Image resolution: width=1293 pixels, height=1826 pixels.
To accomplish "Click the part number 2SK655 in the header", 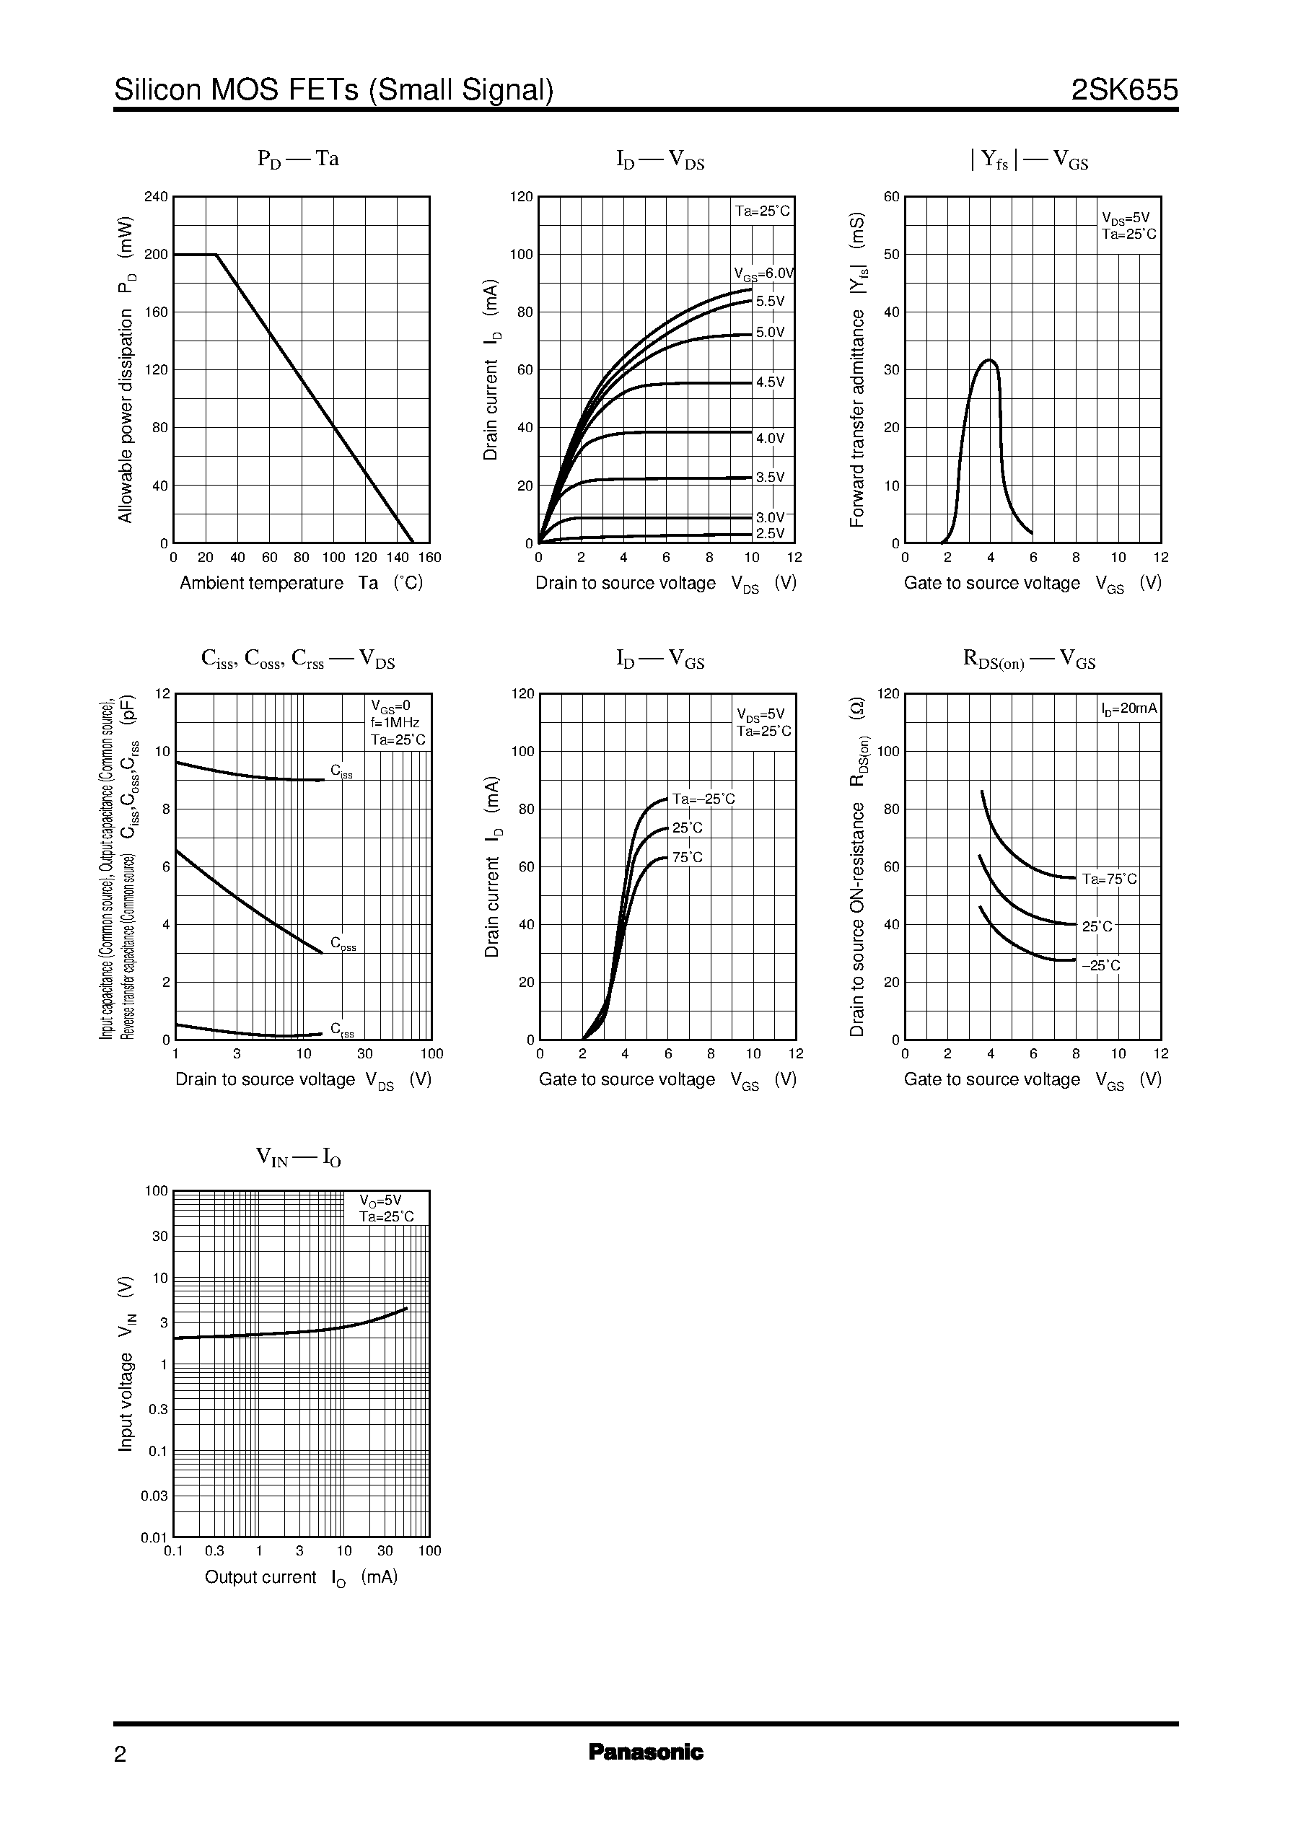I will point(1123,90).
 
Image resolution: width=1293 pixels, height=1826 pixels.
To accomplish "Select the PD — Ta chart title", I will point(298,159).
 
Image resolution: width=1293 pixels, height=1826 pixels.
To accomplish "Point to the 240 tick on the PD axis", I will point(156,197).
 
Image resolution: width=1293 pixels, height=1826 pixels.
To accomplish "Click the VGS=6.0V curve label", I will point(763,274).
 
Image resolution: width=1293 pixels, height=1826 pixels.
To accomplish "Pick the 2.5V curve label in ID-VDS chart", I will point(769,533).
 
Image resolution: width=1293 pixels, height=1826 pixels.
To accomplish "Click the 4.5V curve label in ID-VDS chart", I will point(770,382).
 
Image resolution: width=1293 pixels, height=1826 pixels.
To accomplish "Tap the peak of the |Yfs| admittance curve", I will point(990,361).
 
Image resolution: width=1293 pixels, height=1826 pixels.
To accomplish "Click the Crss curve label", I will point(342,1030).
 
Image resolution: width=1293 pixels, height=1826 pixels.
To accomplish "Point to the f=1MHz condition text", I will point(395,723).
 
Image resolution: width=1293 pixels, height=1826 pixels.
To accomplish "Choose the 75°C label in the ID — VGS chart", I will point(687,857).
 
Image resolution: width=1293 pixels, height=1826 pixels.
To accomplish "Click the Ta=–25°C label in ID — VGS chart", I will point(703,799).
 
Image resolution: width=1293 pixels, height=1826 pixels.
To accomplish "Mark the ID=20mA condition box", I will point(1129,708).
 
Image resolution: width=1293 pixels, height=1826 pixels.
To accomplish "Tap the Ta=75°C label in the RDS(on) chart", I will point(1109,879).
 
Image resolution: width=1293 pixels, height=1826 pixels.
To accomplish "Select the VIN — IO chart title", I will point(299,1156).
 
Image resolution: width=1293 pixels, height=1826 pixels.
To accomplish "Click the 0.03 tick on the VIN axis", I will point(154,1496).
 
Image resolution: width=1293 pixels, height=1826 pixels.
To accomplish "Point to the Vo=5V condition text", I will point(380,1200).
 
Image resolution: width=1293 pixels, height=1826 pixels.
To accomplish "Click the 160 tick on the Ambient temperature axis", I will point(429,558).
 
